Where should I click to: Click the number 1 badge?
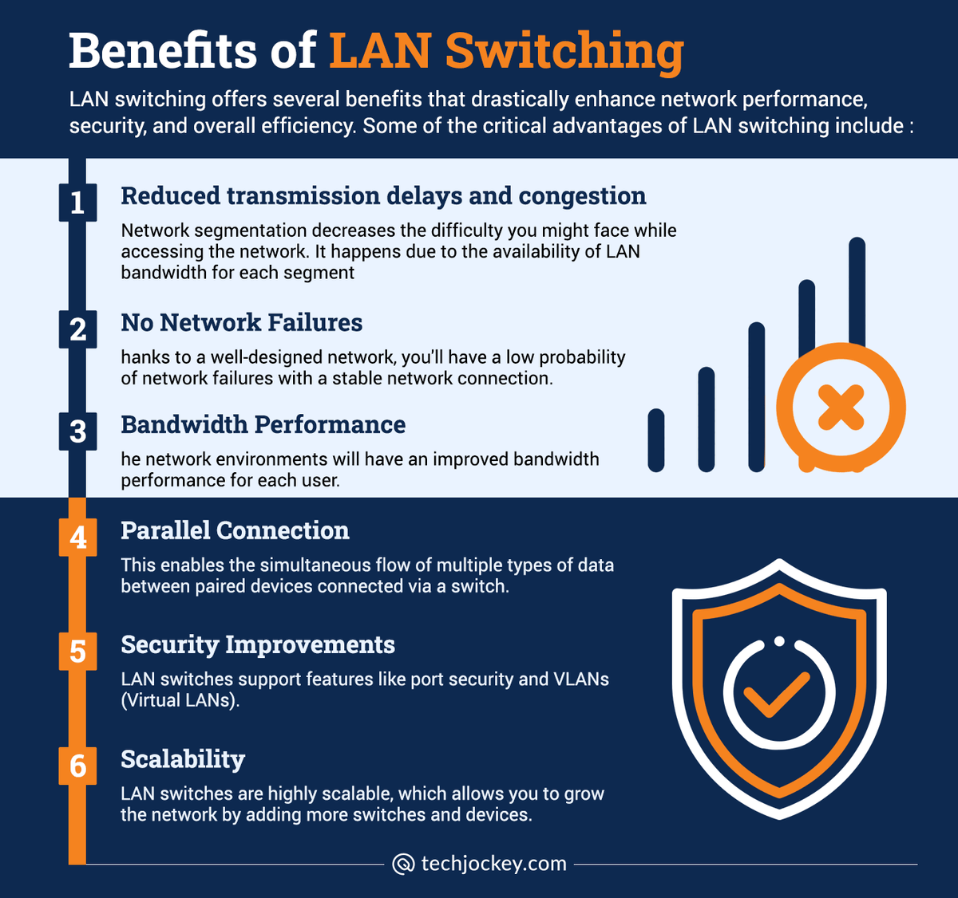77,203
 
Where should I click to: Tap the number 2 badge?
77,329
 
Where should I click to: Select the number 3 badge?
77,431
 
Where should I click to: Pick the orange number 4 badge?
77,538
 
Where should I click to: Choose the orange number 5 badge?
77,652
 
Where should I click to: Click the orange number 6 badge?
77,766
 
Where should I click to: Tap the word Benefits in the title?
163,50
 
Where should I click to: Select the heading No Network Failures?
242,322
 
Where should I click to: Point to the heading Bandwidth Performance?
263,424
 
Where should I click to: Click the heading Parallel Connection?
235,530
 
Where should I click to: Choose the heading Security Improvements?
258,645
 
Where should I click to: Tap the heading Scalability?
183,760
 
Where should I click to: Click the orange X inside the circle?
841,408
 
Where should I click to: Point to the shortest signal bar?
656,440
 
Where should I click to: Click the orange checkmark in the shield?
777,694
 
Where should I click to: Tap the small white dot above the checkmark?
779,641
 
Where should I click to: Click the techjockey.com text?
494,864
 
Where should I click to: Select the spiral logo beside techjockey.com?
403,864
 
